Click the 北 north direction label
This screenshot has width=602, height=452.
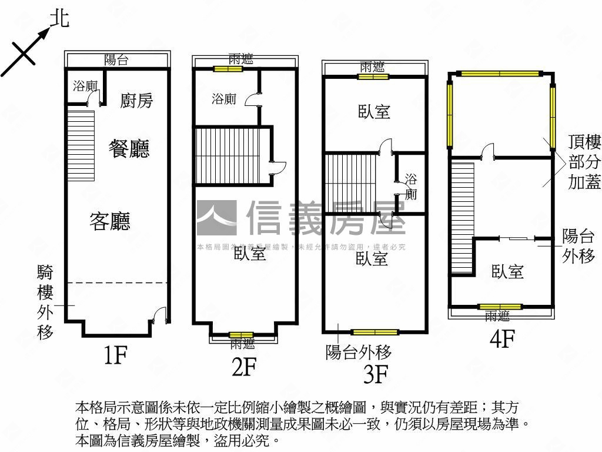point(59,18)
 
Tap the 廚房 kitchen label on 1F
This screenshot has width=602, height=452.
point(136,101)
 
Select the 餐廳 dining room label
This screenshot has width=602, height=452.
point(129,148)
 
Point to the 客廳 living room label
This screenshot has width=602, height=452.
point(110,221)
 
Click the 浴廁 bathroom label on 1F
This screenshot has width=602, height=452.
point(85,87)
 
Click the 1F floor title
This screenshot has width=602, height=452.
point(115,355)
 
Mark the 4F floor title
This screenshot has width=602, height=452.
point(502,339)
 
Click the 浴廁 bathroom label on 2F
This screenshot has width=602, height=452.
point(223,99)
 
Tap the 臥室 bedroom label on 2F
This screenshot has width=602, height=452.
point(250,254)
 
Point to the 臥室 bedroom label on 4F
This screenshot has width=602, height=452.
point(507,271)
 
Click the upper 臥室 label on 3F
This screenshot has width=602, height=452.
point(374,111)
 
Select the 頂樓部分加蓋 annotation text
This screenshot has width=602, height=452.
point(584,162)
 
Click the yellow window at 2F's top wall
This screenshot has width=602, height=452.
point(228,69)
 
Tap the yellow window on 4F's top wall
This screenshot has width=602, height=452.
point(500,74)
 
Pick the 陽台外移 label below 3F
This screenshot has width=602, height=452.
point(359,352)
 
